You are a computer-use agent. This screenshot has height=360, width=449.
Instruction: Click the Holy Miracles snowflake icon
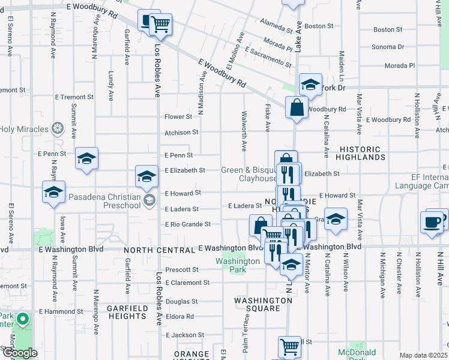tap(57, 128)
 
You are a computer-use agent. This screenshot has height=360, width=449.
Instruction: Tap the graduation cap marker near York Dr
tap(310, 85)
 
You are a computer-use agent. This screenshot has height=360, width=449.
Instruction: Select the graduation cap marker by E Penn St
tap(87, 158)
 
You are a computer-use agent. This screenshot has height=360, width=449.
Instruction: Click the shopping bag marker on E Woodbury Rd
tap(297, 108)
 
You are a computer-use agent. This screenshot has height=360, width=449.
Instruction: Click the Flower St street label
tap(178, 116)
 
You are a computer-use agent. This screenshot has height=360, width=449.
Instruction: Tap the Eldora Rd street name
tap(180, 316)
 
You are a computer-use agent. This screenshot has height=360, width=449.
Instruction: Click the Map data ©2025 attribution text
tap(424, 355)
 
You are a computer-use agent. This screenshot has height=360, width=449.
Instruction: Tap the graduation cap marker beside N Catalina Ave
tap(336, 218)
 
